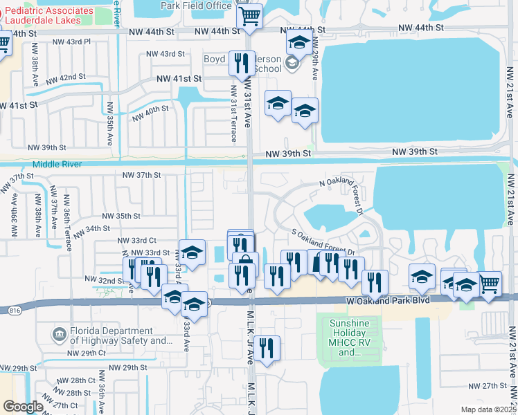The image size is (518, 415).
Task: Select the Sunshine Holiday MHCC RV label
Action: tap(345, 337)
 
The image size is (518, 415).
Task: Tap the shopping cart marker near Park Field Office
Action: tap(249, 17)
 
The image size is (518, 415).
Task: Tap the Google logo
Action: tap(23, 407)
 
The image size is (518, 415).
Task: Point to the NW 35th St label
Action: tap(121, 216)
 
